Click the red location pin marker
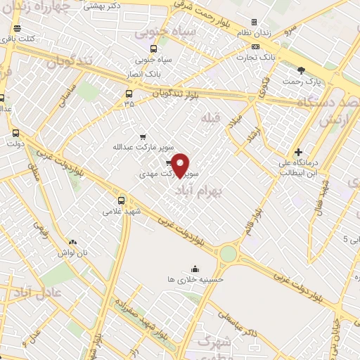181,165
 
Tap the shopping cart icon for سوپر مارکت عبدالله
143,136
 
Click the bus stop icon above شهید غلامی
122,200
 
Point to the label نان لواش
73,252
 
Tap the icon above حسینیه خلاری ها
195,267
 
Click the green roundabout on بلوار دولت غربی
228,253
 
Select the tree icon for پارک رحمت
302,70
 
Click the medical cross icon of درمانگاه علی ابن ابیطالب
299,152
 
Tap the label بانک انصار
148,72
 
